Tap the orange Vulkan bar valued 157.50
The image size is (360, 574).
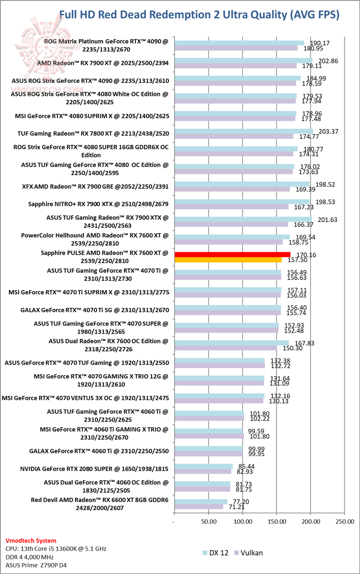pyautogui.click(x=228, y=260)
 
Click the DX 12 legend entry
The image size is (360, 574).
pyautogui.click(x=216, y=553)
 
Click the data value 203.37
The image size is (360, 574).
pyautogui.click(x=325, y=131)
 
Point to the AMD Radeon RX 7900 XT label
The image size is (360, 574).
pyautogui.click(x=103, y=63)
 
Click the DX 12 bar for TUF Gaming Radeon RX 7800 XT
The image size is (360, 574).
pyautogui.click(x=243, y=131)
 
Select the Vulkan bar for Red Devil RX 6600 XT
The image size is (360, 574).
pyautogui.click(x=198, y=507)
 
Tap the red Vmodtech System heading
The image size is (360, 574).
pyautogui.click(x=30, y=540)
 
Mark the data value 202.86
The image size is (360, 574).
pyautogui.click(x=324, y=60)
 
